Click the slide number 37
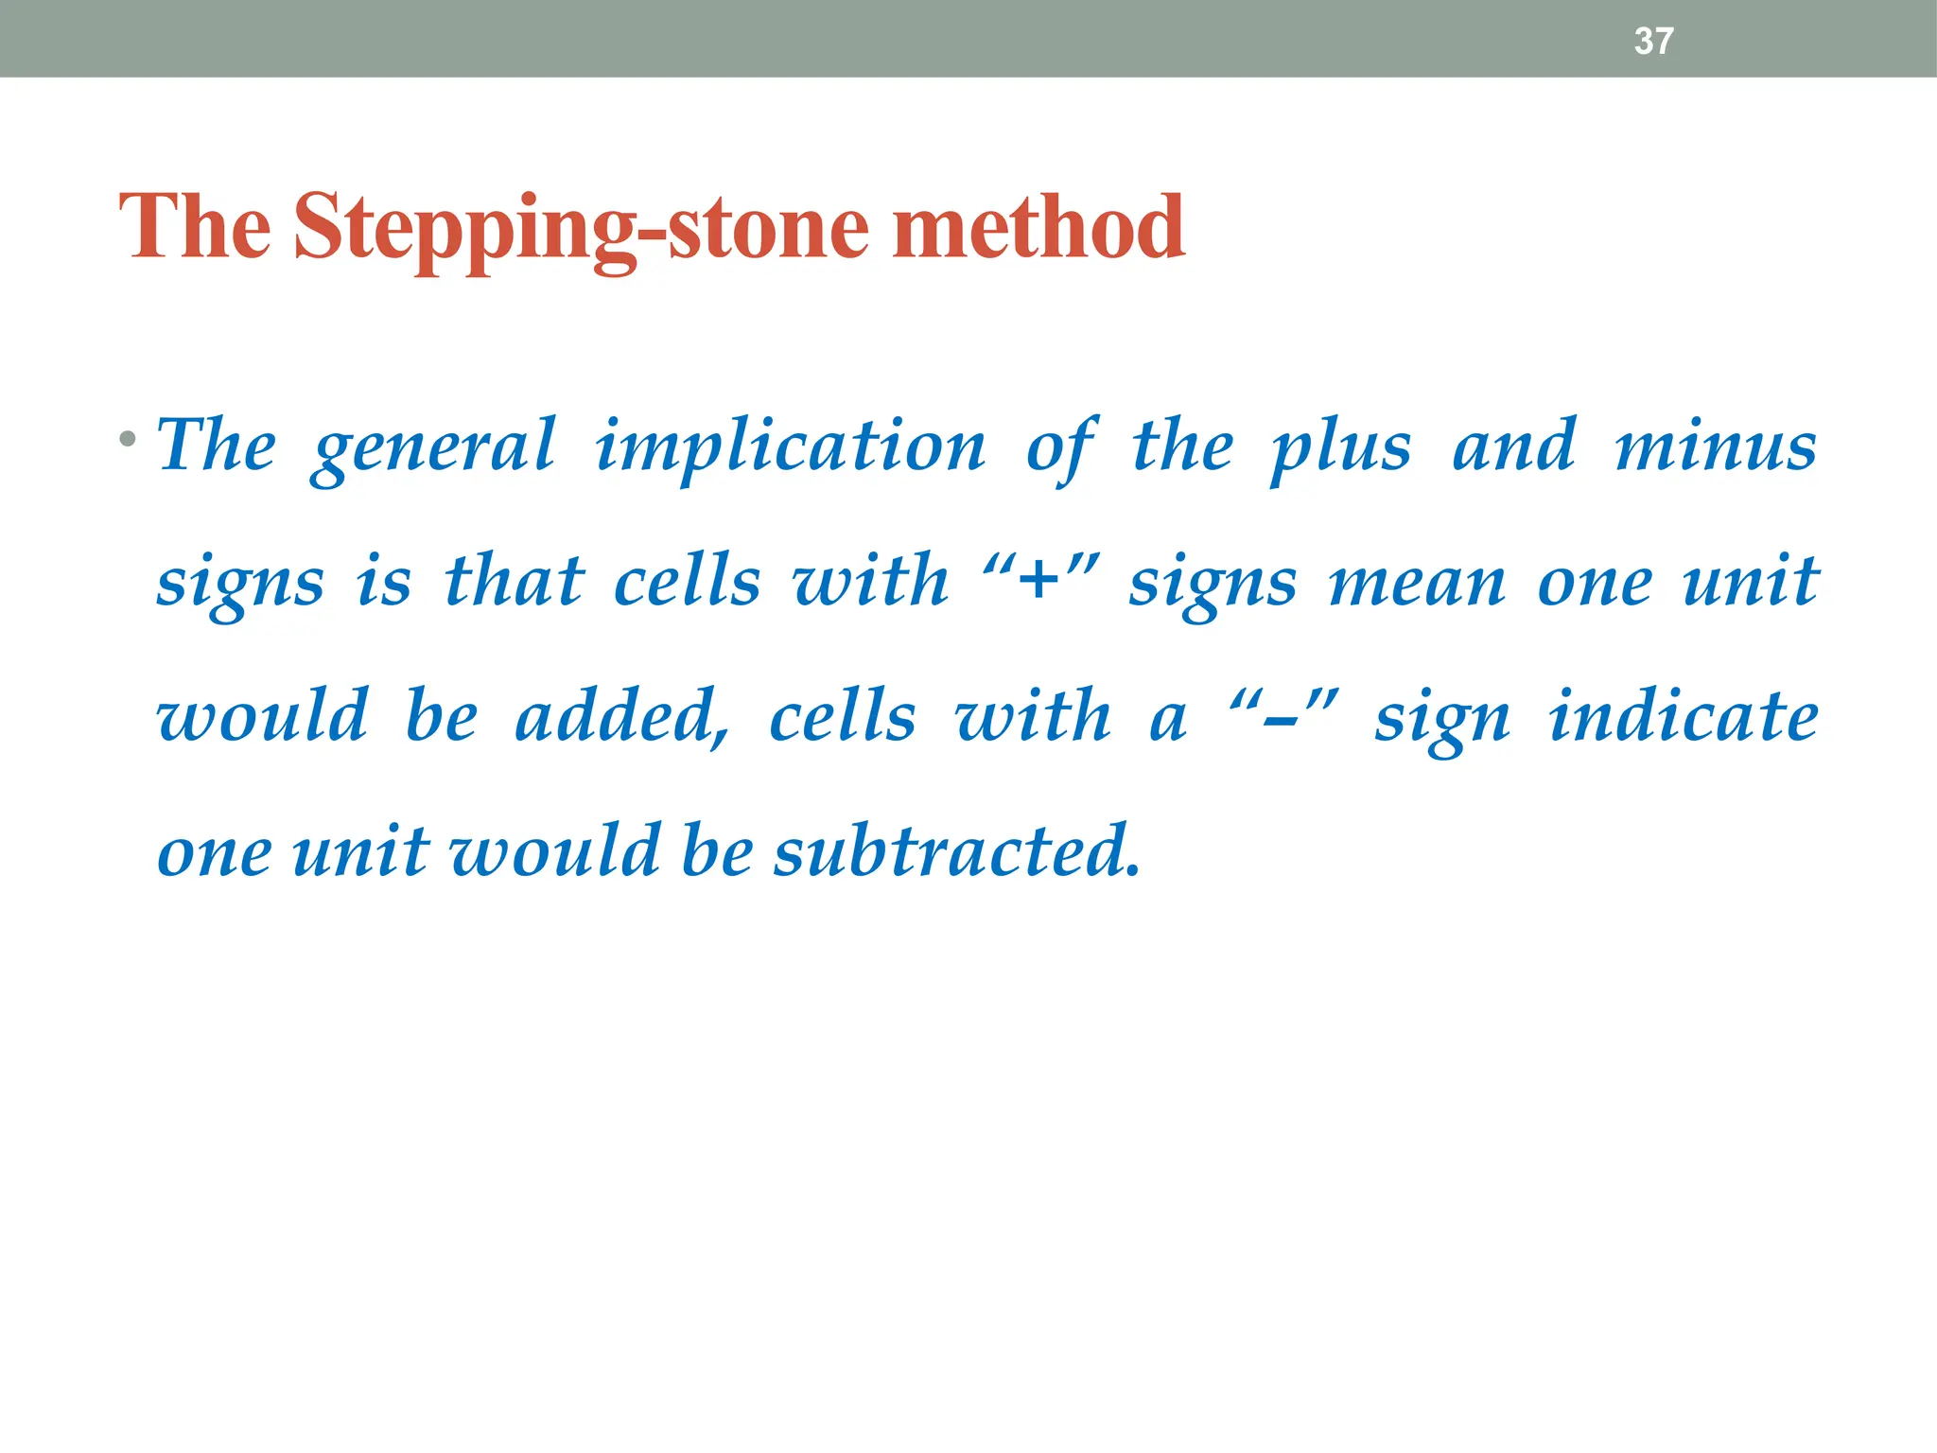point(1653,41)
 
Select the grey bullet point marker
point(128,439)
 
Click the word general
point(433,448)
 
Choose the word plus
point(1340,448)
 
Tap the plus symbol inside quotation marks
point(1039,580)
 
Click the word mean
point(1416,583)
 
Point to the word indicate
point(1683,716)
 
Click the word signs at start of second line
point(240,585)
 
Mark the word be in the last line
point(716,850)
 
